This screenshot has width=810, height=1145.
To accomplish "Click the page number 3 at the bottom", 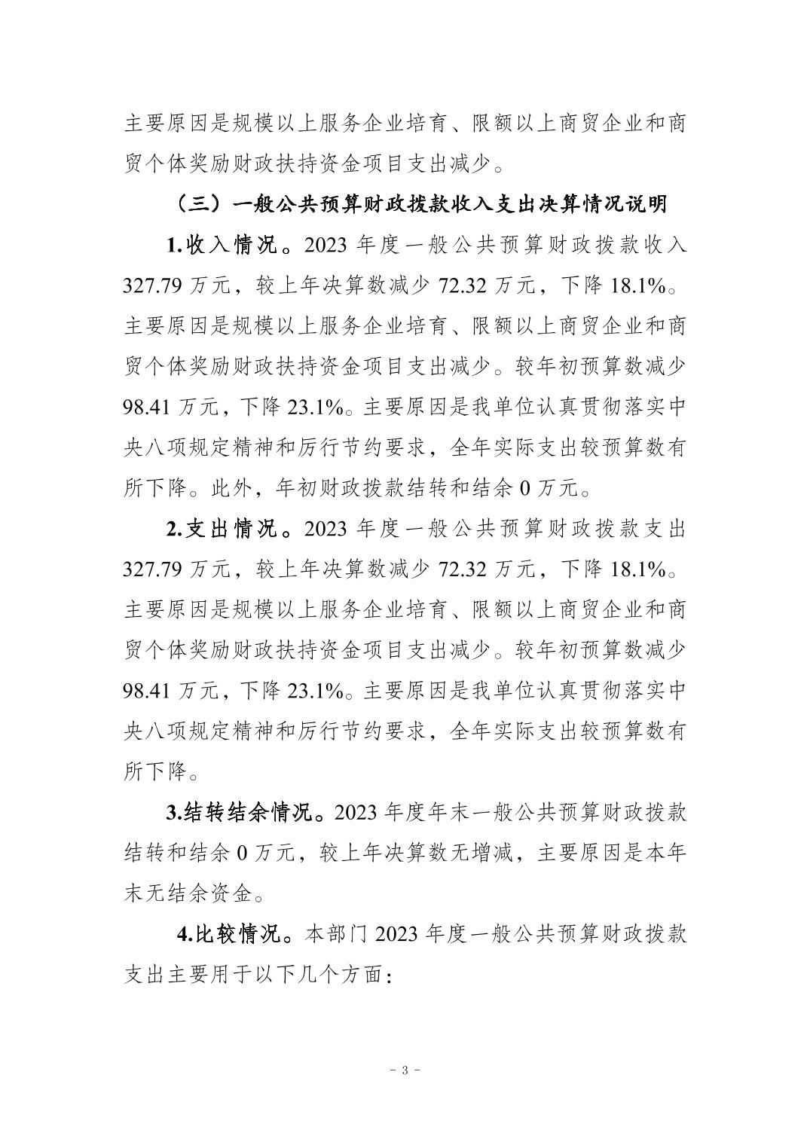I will [x=405, y=1070].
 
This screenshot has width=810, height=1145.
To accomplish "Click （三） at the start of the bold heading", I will [x=194, y=204].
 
